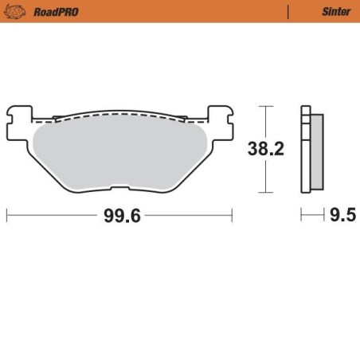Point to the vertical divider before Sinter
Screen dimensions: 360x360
287,12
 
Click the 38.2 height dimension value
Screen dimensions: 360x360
265,150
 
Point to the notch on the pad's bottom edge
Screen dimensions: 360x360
118,189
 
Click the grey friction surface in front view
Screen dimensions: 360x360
119,151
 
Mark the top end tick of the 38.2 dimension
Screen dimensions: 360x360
265,106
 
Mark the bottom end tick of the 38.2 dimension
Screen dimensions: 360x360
265,193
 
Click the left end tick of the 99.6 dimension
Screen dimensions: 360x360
6,216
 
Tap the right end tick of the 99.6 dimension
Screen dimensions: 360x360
232,216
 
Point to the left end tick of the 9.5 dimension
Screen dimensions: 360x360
301,216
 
